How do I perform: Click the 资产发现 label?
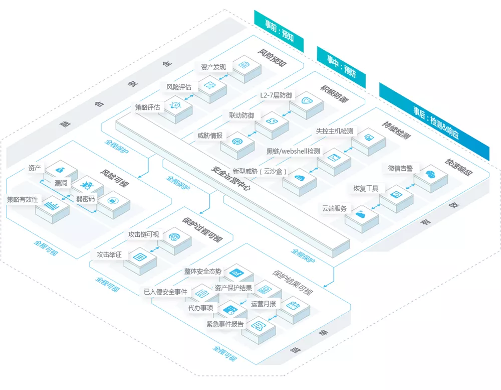pyautogui.click(x=213, y=67)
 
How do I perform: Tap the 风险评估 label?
pyautogui.click(x=179, y=87)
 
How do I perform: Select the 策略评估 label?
pyautogui.click(x=147, y=107)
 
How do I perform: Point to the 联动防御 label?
pyautogui.click(x=241, y=115)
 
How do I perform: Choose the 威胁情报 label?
pyautogui.click(x=210, y=135)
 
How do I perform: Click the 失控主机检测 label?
pyautogui.click(x=334, y=131)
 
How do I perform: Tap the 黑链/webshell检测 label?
pyautogui.click(x=293, y=151)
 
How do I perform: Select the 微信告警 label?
pyautogui.click(x=400, y=168)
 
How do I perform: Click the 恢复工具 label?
pyautogui.click(x=366, y=189)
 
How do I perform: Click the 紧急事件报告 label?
pyautogui.click(x=225, y=324)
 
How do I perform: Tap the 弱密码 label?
pyautogui.click(x=86, y=199)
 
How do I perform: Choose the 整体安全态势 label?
pyautogui.click(x=202, y=272)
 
